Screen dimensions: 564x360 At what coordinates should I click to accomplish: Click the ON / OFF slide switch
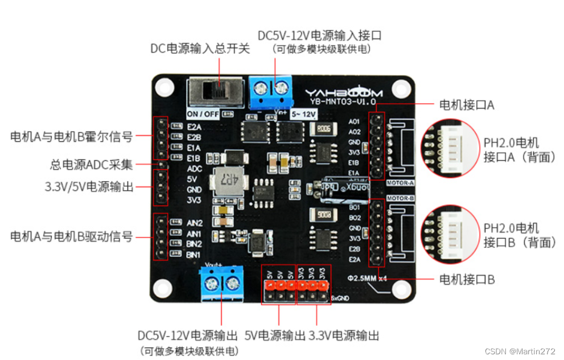point(214,92)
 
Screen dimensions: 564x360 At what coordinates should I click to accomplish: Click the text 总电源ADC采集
point(91,165)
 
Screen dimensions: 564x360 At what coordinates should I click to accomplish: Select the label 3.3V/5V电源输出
point(89,186)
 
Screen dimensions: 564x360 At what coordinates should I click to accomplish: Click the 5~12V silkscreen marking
point(304,114)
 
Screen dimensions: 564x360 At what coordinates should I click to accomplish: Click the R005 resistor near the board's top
point(324,129)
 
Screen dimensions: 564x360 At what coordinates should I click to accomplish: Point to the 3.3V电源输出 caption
point(344,336)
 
